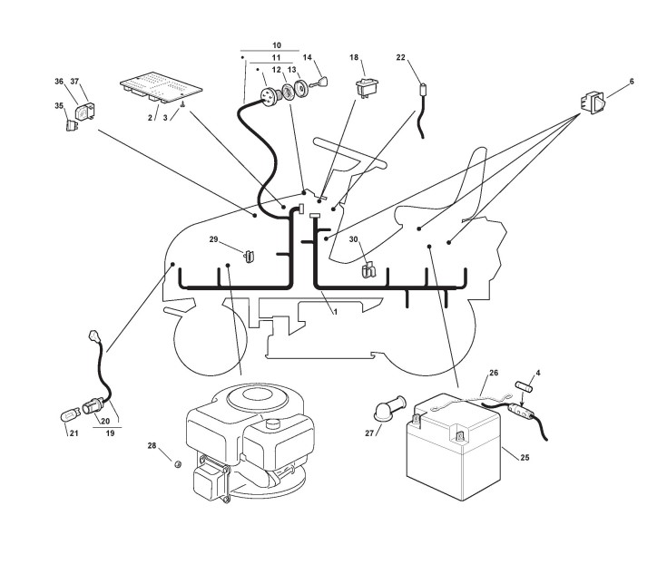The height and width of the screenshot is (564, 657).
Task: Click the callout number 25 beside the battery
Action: (525, 458)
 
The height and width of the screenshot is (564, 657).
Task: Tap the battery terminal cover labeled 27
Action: (391, 404)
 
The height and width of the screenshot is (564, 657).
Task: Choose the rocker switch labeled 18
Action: (368, 86)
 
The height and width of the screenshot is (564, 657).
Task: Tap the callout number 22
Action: (402, 58)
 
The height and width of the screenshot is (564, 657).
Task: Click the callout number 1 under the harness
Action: (335, 311)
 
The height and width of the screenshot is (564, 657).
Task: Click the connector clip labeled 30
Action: (368, 269)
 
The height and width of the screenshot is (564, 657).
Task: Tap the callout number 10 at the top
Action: (277, 44)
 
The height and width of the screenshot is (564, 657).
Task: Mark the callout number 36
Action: (59, 82)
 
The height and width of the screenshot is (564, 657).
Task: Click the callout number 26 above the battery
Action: (494, 373)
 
